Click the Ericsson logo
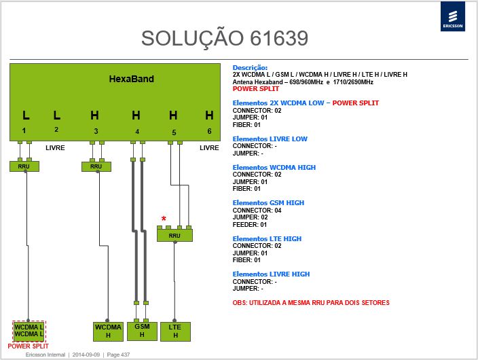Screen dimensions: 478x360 (453, 16)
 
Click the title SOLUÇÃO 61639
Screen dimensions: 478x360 (225, 38)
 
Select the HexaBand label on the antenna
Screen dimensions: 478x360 (132, 79)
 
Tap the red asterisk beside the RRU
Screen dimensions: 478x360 (164, 219)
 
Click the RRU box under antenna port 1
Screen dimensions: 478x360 (24, 166)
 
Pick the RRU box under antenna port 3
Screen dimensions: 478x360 (96, 166)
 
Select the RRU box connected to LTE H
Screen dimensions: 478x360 (174, 235)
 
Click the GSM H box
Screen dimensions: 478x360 (142, 331)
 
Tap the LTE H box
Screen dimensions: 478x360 (175, 331)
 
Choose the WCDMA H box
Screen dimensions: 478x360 (108, 331)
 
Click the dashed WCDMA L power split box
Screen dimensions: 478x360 (29, 331)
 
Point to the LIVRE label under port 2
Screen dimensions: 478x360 (55, 148)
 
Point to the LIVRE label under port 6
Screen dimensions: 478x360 (209, 148)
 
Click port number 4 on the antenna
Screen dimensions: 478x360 (137, 132)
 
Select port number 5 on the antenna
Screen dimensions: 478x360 (174, 132)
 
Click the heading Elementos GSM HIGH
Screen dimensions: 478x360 (268, 203)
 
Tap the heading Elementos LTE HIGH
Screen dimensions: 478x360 (267, 238)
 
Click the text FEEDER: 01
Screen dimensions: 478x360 (250, 225)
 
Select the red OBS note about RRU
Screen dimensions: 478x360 (311, 303)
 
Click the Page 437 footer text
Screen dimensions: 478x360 (118, 355)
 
